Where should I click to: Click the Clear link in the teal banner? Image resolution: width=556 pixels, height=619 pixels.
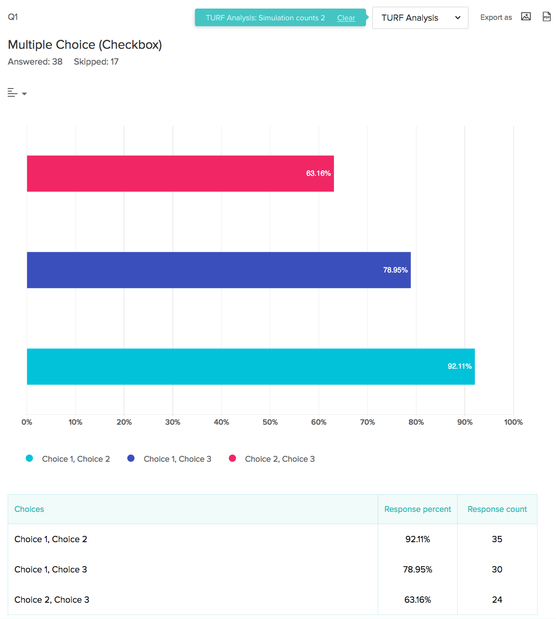point(346,18)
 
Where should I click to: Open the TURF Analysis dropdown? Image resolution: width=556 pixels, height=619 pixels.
point(420,18)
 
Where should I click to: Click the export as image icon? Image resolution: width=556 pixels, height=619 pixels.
point(526,17)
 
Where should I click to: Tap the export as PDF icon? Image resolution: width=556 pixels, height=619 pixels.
point(546,17)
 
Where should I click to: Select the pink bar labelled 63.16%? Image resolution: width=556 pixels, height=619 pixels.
point(180,174)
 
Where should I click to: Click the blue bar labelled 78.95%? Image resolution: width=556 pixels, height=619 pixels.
point(218,270)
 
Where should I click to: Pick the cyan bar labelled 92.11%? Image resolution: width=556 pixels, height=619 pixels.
point(250,366)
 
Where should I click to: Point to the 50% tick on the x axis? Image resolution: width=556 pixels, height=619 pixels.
point(270,422)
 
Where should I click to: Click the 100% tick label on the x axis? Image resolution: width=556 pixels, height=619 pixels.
point(513,422)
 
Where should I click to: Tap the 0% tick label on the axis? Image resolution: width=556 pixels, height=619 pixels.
point(27,422)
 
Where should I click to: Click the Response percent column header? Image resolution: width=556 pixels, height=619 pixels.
point(417,509)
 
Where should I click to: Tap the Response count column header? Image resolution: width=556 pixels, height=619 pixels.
point(497,509)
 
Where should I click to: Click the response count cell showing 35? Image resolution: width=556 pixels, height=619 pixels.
point(497,539)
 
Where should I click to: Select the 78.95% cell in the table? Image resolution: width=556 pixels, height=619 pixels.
point(417,569)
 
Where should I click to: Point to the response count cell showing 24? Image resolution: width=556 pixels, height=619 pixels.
point(497,600)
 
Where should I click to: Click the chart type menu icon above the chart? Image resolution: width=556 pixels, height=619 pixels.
point(17,93)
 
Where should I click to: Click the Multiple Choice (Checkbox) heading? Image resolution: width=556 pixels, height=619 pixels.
point(85,45)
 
